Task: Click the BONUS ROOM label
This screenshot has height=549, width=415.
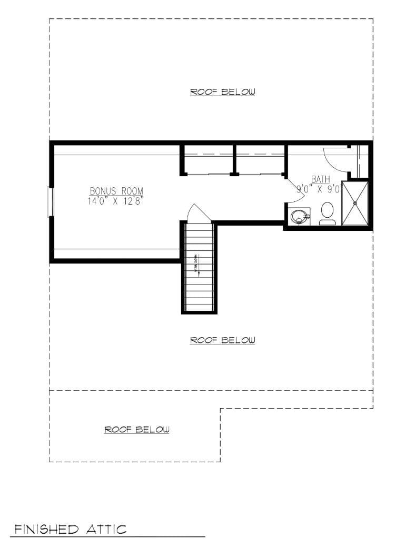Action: pos(116,191)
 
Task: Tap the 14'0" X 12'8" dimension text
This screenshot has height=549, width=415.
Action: pos(116,200)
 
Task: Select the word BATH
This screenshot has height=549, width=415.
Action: pos(320,179)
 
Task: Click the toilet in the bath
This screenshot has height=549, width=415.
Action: pos(328,212)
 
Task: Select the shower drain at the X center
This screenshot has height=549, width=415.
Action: pos(355,203)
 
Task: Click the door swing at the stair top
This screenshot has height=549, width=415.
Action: pos(198,212)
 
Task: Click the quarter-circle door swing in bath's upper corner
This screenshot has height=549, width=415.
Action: pos(335,158)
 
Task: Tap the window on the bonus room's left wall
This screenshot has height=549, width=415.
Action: pos(51,202)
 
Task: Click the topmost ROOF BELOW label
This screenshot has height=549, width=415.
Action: pos(222,92)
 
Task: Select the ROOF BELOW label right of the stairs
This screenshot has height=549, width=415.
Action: pos(222,340)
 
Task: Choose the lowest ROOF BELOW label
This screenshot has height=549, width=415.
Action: pos(137,430)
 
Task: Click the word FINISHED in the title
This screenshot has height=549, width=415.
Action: pos(46,528)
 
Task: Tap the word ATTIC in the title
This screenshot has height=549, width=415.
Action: pos(106,528)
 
